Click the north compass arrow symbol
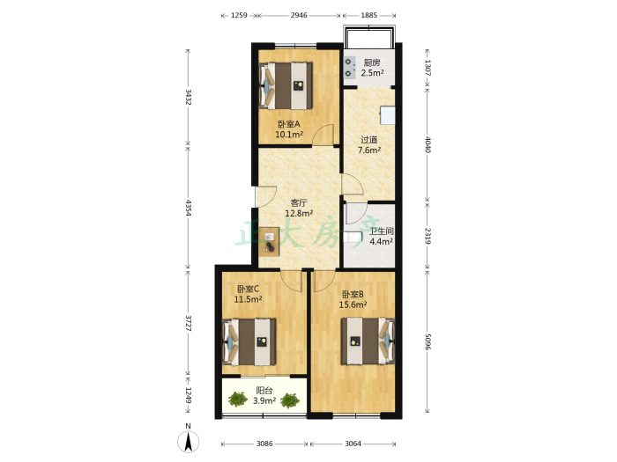(188, 442)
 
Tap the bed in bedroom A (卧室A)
(286, 85)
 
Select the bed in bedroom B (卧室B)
(368, 341)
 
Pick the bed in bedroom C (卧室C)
(249, 341)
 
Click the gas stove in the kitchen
(349, 68)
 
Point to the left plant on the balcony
(238, 400)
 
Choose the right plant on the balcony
(290, 400)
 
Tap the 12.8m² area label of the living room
(299, 213)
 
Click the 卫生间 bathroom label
(382, 231)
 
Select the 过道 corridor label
(369, 139)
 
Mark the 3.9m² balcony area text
(264, 400)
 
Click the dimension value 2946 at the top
(299, 15)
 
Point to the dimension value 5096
(427, 341)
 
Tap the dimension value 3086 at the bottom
(264, 444)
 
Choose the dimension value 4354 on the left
(188, 209)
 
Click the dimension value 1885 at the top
(368, 15)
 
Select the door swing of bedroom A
(323, 135)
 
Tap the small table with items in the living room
(269, 242)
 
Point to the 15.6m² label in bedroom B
(353, 304)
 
